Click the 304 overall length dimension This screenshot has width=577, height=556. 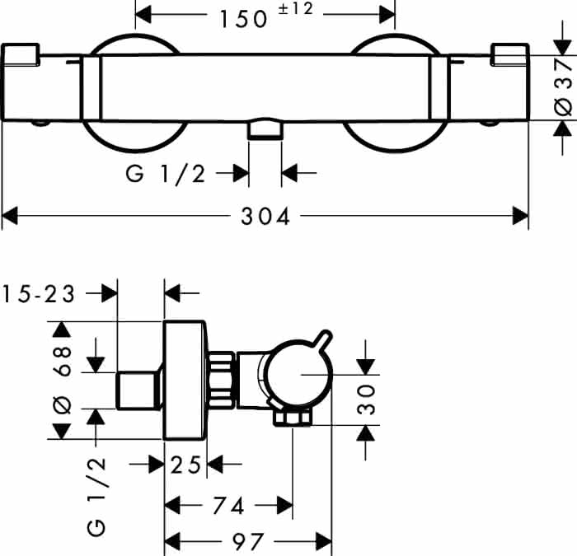click(x=265, y=216)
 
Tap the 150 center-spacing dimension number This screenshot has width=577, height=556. click(x=243, y=19)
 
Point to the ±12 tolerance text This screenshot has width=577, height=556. click(x=295, y=9)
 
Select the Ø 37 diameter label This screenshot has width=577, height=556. click(x=563, y=87)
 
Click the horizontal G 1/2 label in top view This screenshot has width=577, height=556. click(x=166, y=174)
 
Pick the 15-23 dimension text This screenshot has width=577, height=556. click(x=39, y=294)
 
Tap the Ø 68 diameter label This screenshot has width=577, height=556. click(x=62, y=380)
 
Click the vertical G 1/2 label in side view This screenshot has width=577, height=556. click(x=96, y=498)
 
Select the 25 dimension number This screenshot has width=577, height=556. click(x=185, y=465)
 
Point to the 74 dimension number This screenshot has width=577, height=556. click(x=228, y=506)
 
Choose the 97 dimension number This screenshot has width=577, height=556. click(x=247, y=542)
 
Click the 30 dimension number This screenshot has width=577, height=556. click(x=366, y=399)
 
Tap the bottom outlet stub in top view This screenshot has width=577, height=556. click(x=265, y=129)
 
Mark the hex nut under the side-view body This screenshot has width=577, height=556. click(x=293, y=418)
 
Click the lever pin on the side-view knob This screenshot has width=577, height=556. click(x=322, y=339)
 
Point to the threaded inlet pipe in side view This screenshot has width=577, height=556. click(x=138, y=391)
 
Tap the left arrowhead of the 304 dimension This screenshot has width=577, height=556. click(x=10, y=216)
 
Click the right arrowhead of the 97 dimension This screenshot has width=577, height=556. click(x=324, y=542)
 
